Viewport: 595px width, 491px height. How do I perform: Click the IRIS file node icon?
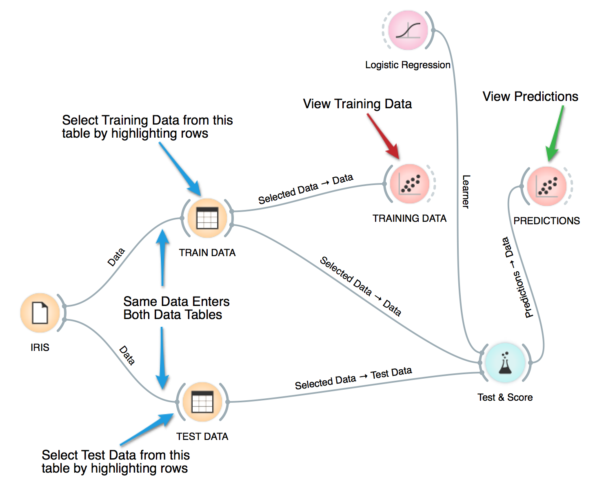pos(40,313)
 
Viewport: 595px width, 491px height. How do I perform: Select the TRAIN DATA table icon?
pos(207,218)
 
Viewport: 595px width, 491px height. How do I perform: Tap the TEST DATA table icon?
pos(202,402)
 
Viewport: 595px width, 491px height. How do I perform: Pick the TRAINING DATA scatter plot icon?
pos(410,184)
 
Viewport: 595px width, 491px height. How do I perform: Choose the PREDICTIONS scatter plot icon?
pos(546,186)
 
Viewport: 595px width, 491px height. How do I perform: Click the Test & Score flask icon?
pos(505,362)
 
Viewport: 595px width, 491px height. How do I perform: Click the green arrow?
pos(555,133)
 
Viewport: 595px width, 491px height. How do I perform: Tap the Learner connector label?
pos(466,192)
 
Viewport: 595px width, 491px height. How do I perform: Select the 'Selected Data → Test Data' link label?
pos(353,378)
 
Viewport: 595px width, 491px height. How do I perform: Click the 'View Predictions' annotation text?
pos(530,97)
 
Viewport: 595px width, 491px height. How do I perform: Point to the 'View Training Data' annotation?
pos(357,104)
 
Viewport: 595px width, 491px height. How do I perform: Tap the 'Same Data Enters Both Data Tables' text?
pos(176,308)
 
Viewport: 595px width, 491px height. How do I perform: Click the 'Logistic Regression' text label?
pos(407,65)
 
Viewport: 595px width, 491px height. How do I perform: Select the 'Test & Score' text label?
pos(505,397)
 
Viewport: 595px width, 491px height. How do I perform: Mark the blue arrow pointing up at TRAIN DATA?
pos(163,258)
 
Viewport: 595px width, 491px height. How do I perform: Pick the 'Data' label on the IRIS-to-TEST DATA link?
pos(127,355)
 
